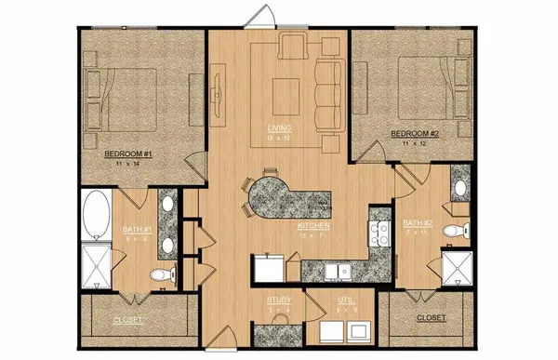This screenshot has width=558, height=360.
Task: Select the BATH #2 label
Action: pos(417,224)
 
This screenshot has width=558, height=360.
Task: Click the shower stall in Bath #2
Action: pos(453,268)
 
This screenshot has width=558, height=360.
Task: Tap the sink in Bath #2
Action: pos(458,189)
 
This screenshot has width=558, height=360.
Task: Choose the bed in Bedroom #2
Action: pos(423,84)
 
